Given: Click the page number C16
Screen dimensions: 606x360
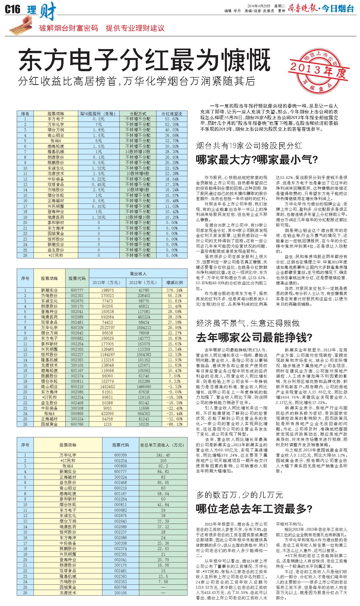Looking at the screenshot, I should [12, 10].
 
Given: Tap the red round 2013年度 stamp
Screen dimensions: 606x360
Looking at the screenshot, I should [318, 71].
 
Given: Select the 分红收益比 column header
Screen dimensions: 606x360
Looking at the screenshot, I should [172, 113].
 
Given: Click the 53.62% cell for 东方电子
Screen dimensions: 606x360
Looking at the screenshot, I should [172, 119].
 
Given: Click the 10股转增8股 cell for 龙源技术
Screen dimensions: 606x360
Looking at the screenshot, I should [138, 173].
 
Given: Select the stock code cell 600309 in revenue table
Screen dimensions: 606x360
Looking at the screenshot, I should [77, 328].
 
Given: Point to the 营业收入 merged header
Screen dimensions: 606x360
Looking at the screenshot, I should [138, 274].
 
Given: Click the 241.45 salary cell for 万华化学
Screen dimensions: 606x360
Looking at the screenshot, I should [163, 455].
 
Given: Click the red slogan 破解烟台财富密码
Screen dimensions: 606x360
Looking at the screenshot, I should [69, 28].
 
